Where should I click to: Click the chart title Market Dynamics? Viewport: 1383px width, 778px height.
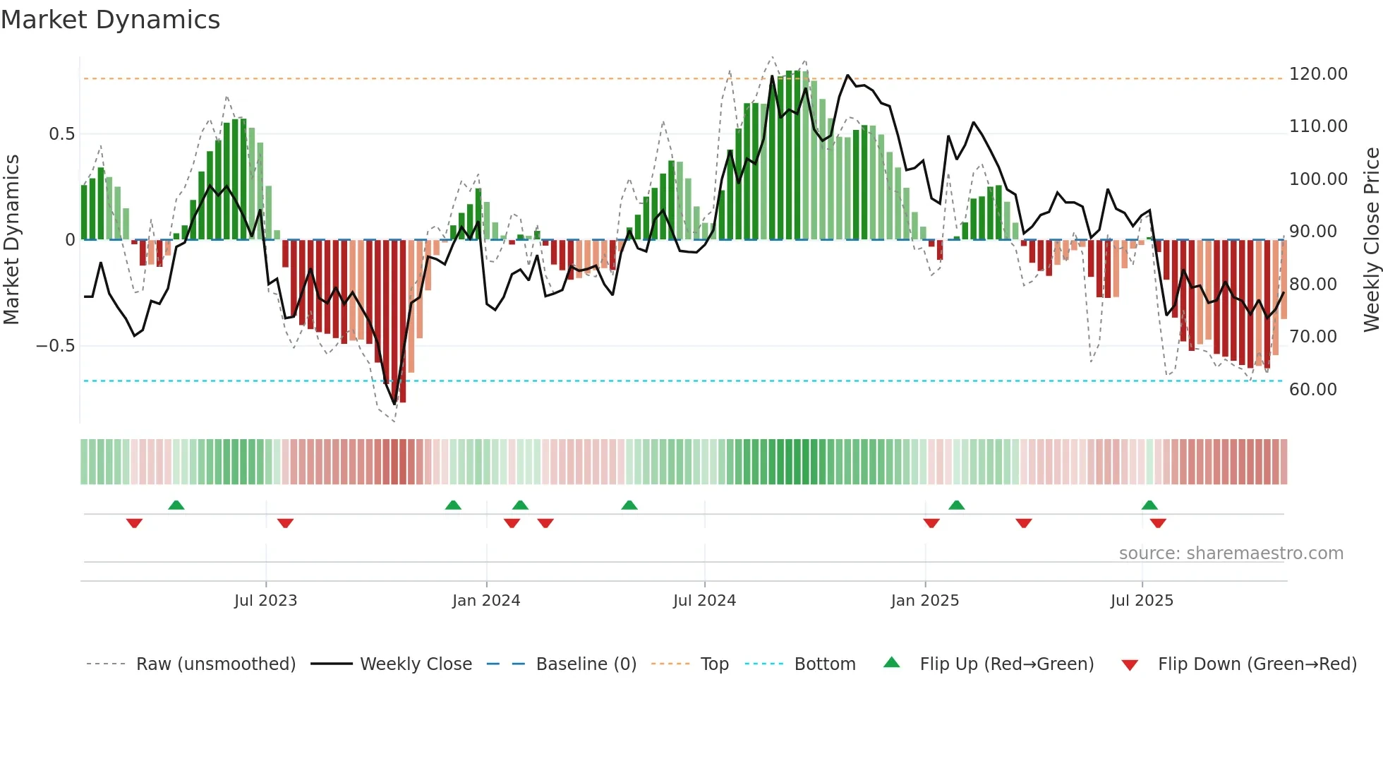tap(111, 20)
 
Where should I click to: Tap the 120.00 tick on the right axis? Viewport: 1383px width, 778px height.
tap(1317, 74)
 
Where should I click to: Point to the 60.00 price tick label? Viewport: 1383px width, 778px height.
tap(1312, 389)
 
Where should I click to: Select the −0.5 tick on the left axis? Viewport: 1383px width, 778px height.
tap(55, 346)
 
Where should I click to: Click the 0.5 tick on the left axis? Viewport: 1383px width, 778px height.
tap(61, 134)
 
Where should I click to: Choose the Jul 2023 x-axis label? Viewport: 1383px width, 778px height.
tap(265, 601)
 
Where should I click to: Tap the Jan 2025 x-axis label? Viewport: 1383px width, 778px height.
tap(924, 601)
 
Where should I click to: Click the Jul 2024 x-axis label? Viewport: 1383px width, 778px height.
tap(704, 601)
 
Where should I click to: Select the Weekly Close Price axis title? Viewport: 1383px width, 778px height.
tap(1371, 239)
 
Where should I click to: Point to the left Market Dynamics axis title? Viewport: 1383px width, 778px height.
tap(11, 239)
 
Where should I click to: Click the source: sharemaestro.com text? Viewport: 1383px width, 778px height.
tap(1231, 553)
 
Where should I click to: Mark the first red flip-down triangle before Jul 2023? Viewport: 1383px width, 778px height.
tap(134, 523)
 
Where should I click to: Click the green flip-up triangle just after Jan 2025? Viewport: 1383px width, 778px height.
tap(956, 505)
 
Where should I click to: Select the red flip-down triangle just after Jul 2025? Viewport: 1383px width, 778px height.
tap(1158, 523)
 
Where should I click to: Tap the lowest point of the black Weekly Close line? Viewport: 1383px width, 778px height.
tap(394, 404)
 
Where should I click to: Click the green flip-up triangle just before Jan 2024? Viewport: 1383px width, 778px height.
tap(453, 505)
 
